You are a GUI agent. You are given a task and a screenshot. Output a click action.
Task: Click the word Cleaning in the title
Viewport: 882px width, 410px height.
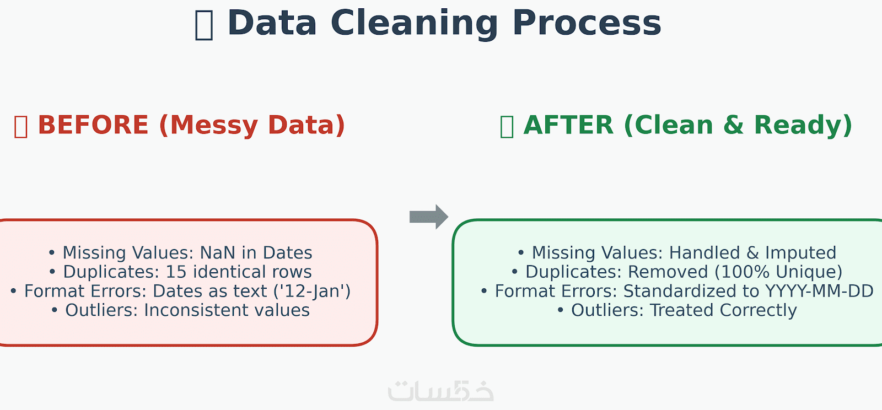(x=414, y=24)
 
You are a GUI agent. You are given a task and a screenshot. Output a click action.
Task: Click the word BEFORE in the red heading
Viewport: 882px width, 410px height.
(x=93, y=125)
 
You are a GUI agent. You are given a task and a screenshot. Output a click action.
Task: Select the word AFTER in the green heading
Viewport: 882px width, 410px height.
(x=568, y=125)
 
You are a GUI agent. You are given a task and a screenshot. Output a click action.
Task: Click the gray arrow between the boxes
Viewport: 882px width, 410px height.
(x=429, y=217)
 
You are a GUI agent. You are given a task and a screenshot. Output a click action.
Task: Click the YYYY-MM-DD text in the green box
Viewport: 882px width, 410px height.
(x=819, y=291)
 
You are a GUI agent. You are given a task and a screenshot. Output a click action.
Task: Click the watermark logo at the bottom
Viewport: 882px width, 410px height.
(x=440, y=391)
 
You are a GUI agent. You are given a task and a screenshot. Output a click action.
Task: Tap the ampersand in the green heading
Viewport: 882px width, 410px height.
(x=733, y=125)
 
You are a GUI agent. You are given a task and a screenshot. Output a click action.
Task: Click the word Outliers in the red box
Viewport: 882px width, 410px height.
(x=101, y=310)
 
